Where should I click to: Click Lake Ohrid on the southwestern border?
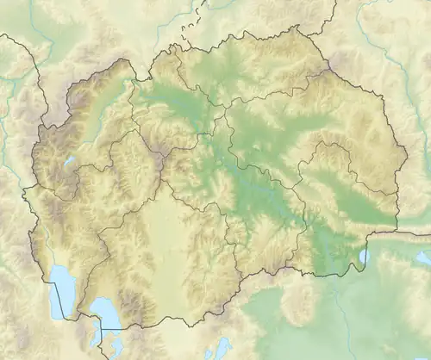[60, 289]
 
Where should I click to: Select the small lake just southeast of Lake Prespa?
[116, 347]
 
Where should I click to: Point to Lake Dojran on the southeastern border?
[363, 256]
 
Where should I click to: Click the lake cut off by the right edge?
[423, 257]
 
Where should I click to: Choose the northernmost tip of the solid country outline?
[297, 27]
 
